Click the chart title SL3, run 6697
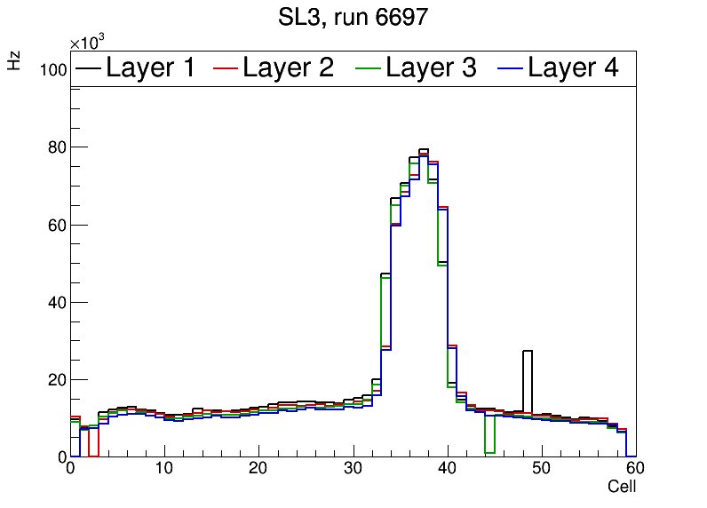point(353,17)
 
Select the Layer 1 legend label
point(150,67)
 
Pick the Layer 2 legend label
point(288,67)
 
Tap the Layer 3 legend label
point(431,67)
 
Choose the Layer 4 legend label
point(573,67)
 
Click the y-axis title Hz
point(14,60)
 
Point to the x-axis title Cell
point(622,487)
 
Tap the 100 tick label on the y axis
point(53,70)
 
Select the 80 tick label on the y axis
point(57,147)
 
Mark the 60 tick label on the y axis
point(57,225)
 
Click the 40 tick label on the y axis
point(57,302)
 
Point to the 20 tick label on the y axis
point(57,379)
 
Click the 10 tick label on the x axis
point(164,469)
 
